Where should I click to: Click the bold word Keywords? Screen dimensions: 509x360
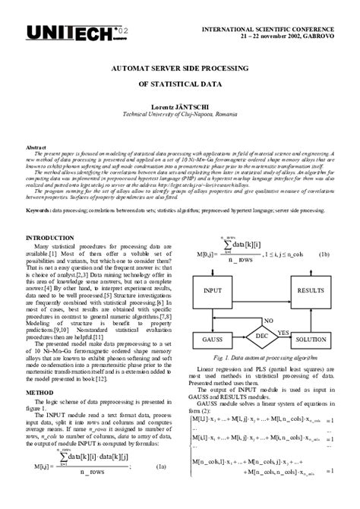[39, 209]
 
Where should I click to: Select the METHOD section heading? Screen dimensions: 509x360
[39, 393]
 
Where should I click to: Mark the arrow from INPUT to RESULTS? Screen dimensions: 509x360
[261, 290]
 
